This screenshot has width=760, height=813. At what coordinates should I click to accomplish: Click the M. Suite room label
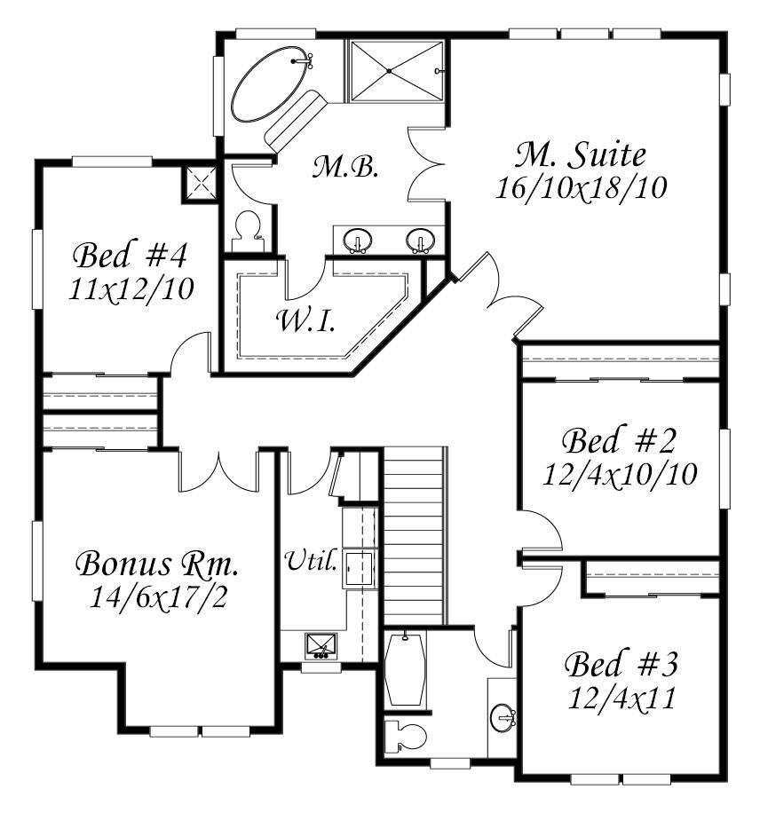pyautogui.click(x=581, y=154)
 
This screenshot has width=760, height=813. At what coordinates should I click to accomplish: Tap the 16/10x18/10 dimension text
pyautogui.click(x=581, y=187)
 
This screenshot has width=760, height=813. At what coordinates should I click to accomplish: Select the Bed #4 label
pyautogui.click(x=130, y=255)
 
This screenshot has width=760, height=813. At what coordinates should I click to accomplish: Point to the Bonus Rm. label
pyautogui.click(x=157, y=564)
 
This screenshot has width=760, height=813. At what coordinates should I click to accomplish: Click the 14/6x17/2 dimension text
pyautogui.click(x=158, y=597)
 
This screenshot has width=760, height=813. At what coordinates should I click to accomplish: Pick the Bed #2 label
pyautogui.click(x=619, y=441)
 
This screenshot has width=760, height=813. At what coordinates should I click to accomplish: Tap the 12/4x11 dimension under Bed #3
pyautogui.click(x=621, y=698)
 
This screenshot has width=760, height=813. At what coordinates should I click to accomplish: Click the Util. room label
pyautogui.click(x=312, y=560)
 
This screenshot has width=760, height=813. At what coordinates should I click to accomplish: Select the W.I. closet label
pyautogui.click(x=306, y=320)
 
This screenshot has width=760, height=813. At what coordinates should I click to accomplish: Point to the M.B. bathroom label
pyautogui.click(x=344, y=167)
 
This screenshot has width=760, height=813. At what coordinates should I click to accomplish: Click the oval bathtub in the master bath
pyautogui.click(x=270, y=84)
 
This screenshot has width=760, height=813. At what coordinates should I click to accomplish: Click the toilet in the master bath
pyautogui.click(x=247, y=232)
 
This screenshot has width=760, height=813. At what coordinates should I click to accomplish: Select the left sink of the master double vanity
pyautogui.click(x=358, y=240)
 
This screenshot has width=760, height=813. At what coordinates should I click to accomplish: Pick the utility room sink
pyautogui.click(x=321, y=646)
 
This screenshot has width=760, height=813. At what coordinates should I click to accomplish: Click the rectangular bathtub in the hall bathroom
pyautogui.click(x=405, y=669)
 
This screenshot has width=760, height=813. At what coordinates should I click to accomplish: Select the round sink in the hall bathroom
pyautogui.click(x=503, y=718)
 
